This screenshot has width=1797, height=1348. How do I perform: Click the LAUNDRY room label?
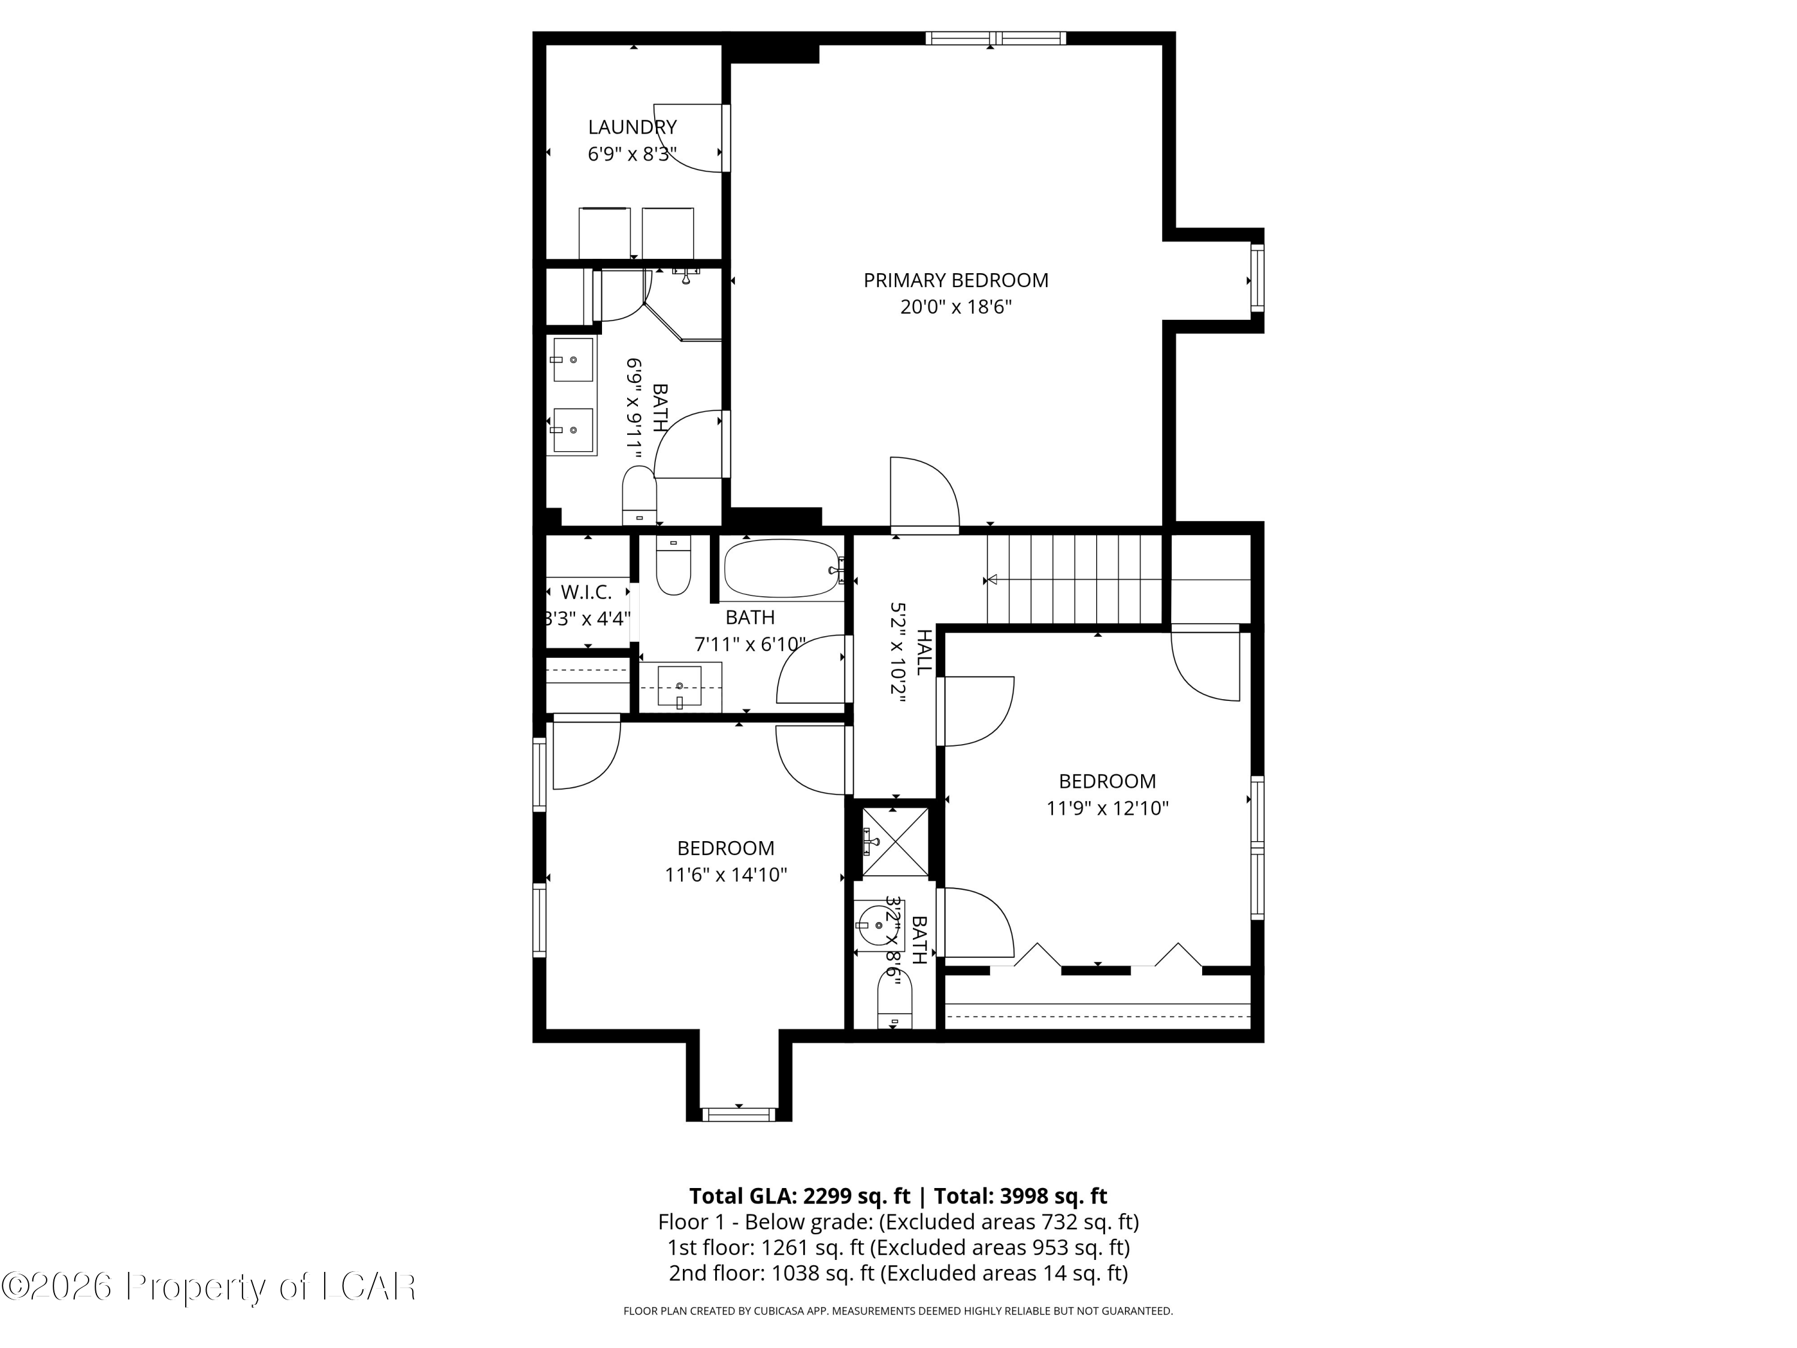point(632,128)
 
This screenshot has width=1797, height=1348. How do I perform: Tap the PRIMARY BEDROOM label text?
point(955,280)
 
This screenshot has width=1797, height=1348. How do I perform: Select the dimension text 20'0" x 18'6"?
point(955,307)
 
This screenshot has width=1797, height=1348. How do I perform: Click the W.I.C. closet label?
point(586,593)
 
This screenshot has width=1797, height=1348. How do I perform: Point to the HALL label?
point(924,652)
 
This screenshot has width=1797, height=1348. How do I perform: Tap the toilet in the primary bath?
point(639,495)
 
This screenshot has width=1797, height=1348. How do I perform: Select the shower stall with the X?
point(894,842)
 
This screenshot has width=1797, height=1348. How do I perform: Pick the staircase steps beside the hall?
point(1075,579)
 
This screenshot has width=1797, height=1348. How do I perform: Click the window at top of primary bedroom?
point(995,37)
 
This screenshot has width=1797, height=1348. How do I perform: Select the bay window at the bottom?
point(739,1114)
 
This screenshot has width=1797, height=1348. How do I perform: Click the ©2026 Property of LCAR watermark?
point(209,1286)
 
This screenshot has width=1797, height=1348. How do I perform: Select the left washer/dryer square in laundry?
point(604,233)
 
